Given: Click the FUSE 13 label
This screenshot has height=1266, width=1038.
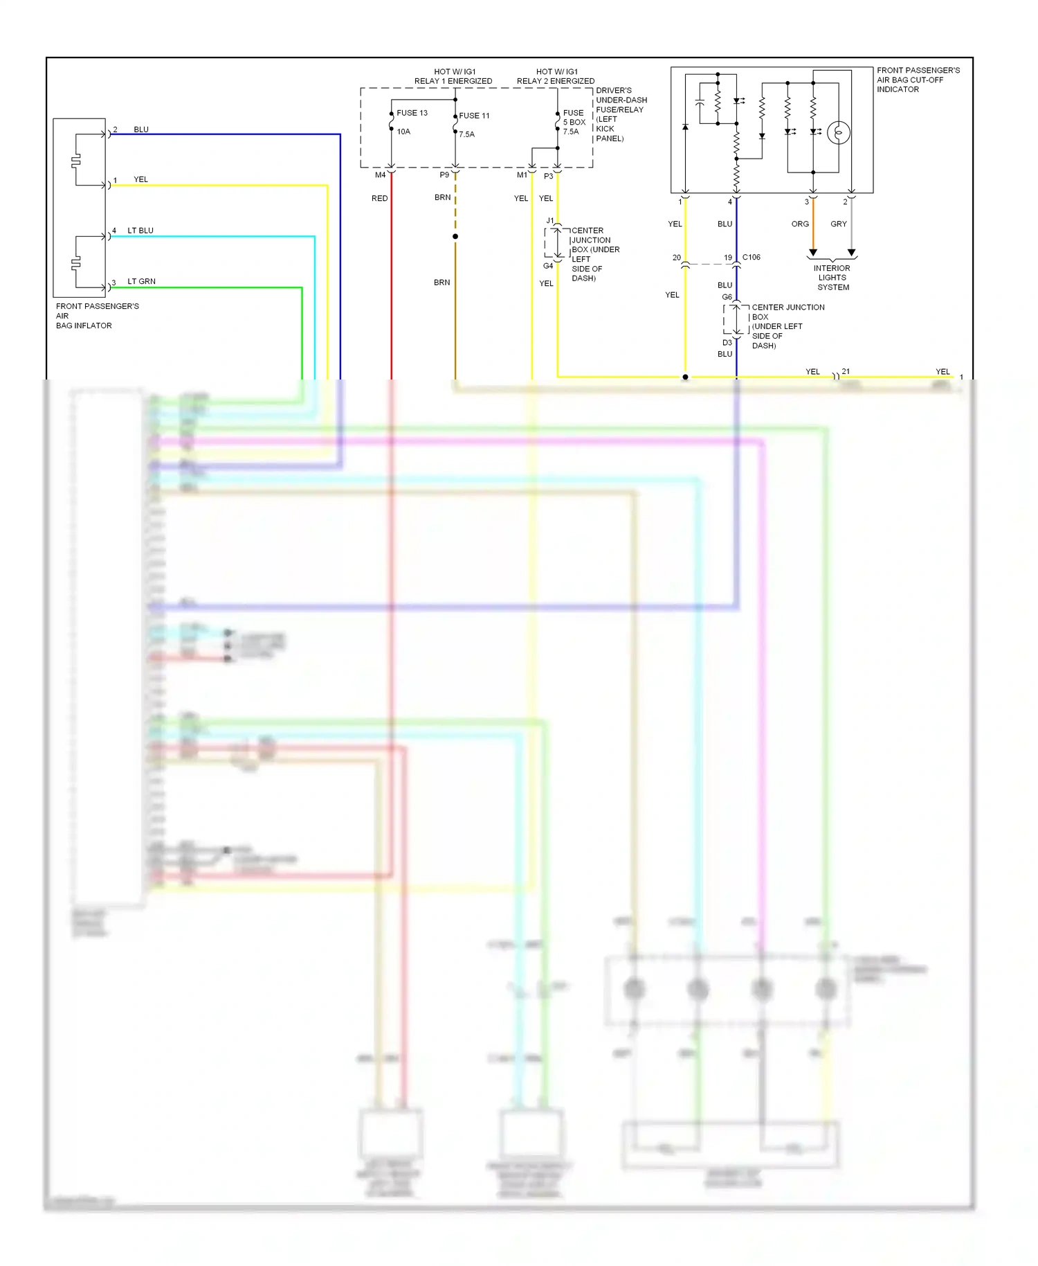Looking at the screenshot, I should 412,113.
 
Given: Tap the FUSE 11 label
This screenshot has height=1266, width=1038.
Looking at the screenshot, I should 474,116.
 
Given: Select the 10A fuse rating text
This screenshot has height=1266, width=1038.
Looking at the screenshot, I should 403,132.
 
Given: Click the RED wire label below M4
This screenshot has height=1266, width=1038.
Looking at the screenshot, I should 379,199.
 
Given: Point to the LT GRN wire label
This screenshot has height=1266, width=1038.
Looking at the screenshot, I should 141,282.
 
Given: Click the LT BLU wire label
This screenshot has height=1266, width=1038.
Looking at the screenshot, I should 140,231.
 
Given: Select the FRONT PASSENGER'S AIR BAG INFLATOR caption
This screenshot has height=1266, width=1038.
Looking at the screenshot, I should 97,316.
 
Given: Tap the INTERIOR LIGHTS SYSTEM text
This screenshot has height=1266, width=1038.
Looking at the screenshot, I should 832,278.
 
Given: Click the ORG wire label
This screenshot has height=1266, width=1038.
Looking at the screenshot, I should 800,224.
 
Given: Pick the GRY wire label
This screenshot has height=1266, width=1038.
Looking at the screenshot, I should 838,224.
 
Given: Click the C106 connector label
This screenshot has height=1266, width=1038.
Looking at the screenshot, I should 751,258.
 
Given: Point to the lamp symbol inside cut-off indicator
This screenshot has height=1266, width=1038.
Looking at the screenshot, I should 839,132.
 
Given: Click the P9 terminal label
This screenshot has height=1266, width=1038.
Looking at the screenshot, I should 444,175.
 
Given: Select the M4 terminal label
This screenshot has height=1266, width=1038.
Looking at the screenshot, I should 380,175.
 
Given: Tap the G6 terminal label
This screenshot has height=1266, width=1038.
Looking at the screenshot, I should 727,297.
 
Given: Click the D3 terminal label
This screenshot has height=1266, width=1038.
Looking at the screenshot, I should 727,343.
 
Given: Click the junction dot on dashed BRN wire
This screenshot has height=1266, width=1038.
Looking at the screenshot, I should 455,237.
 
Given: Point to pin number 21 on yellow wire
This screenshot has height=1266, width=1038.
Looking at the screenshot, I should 846,371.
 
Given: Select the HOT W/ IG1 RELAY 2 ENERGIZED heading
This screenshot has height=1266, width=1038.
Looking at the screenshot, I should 556,76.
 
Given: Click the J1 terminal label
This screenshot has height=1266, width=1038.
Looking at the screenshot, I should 550,221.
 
